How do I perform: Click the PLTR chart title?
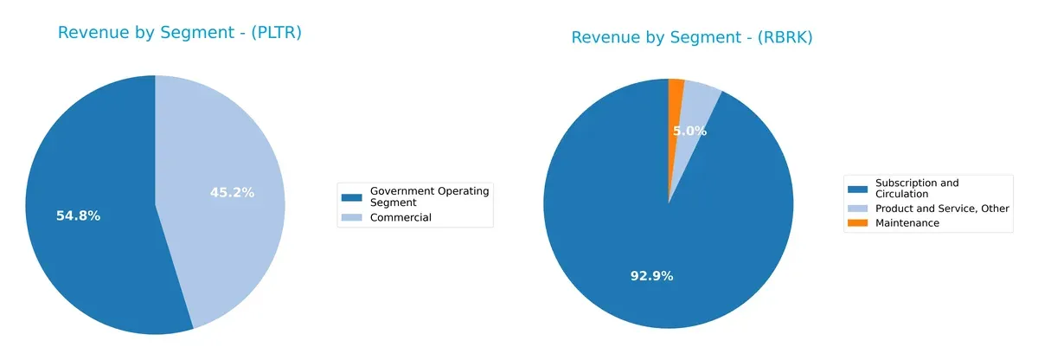pyautogui.click(x=179, y=33)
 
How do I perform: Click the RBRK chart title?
pyautogui.click(x=691, y=37)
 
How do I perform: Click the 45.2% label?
pyautogui.click(x=232, y=192)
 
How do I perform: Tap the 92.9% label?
pyautogui.click(x=651, y=275)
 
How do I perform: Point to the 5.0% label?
pyautogui.click(x=689, y=132)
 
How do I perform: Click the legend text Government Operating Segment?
pyautogui.click(x=429, y=196)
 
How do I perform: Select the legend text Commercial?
pyautogui.click(x=400, y=217)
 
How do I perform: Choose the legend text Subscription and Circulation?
pyautogui.click(x=916, y=188)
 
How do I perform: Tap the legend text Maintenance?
pyautogui.click(x=907, y=222)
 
